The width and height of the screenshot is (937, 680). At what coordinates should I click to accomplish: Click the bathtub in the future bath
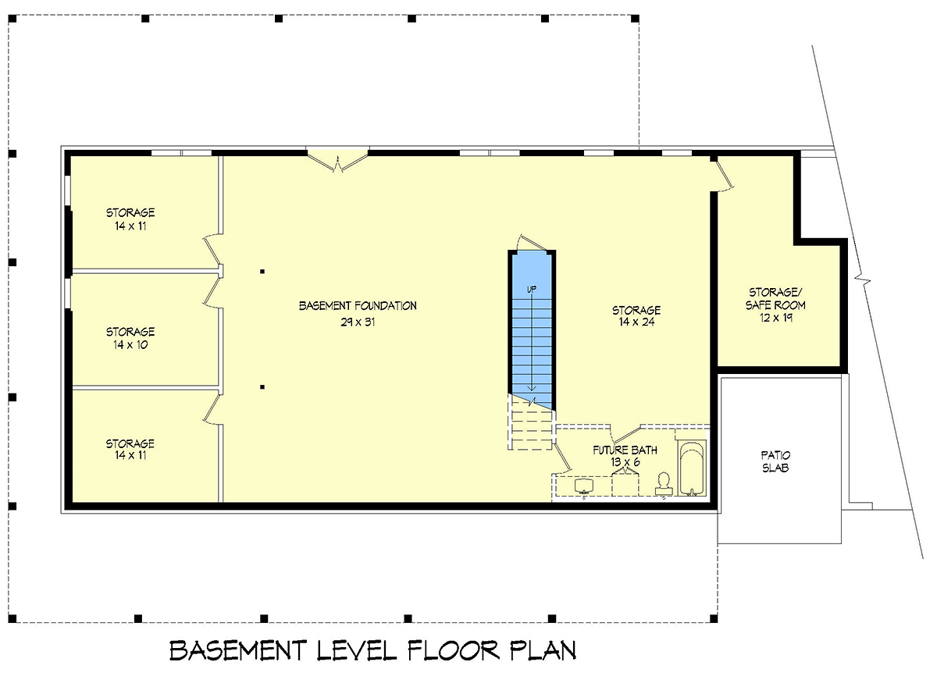(690, 468)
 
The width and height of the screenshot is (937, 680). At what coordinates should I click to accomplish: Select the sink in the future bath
(584, 486)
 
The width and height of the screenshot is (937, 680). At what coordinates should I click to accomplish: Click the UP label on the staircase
(532, 290)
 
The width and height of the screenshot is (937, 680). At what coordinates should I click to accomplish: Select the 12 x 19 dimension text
(775, 318)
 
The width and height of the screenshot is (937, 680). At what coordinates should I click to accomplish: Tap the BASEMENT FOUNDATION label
(358, 306)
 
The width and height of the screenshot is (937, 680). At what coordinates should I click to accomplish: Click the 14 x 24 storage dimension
(636, 321)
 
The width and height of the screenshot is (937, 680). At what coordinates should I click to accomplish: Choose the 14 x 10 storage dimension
(130, 344)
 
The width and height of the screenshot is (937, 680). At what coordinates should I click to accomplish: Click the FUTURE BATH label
(625, 450)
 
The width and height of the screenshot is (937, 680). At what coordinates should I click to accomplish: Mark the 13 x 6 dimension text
(625, 461)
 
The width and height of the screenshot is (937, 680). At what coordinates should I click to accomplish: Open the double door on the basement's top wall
(337, 159)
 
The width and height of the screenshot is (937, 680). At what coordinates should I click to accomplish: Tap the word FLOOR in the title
(453, 651)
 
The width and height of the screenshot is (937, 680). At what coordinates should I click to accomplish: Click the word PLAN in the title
(543, 651)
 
